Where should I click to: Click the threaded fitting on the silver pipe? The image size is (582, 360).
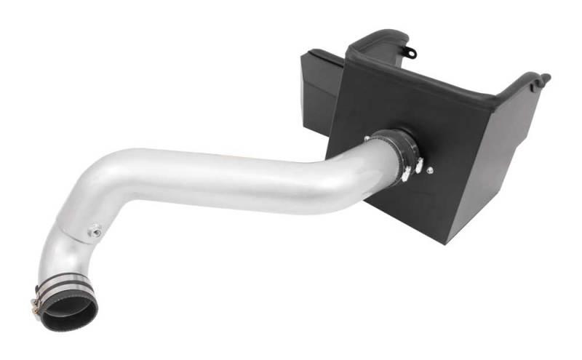point(94,233)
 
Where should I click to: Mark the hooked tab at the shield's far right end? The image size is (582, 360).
point(541,78)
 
